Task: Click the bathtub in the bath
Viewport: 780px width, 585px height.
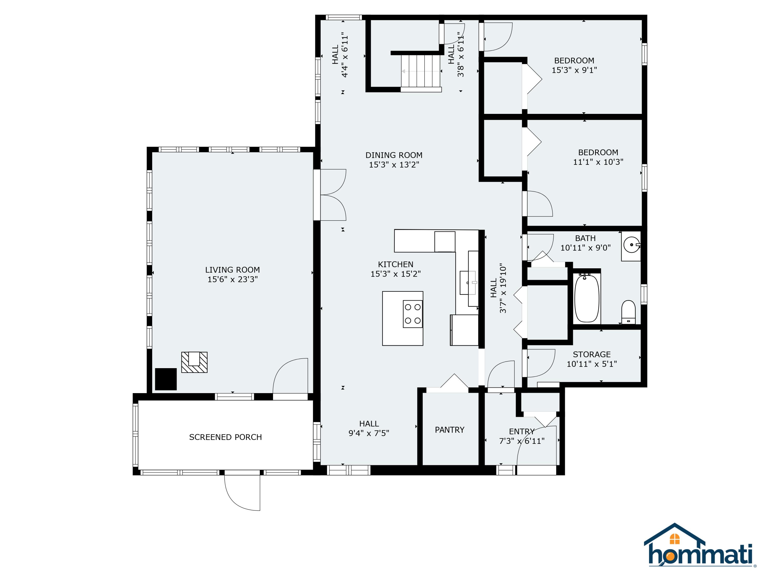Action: click(x=586, y=298)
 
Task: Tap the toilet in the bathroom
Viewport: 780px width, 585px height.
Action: click(x=628, y=312)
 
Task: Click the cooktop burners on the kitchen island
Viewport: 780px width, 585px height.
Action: click(x=413, y=314)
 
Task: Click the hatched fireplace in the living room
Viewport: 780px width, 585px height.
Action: click(x=194, y=362)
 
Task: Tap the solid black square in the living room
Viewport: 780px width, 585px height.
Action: click(x=166, y=379)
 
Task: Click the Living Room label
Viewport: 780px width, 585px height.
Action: click(x=232, y=270)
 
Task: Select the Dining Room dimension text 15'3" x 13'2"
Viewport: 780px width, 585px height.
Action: click(x=394, y=165)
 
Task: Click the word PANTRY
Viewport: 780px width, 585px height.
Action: click(x=450, y=430)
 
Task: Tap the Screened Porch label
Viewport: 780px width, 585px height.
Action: click(x=225, y=437)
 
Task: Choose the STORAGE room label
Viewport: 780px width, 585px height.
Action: click(x=592, y=354)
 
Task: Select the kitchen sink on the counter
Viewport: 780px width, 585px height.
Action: click(x=468, y=282)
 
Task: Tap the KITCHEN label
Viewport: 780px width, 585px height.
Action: click(x=396, y=264)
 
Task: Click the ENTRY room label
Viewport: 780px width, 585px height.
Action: click(x=522, y=432)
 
